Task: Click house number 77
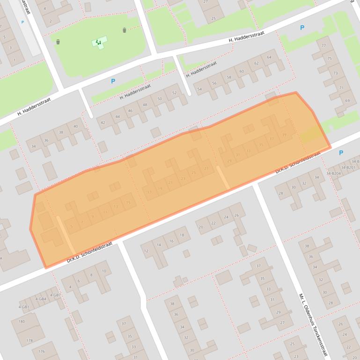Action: [x=324, y=45]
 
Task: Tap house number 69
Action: [x=347, y=101]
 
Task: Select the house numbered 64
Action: [x=269, y=58]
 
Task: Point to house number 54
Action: [x=199, y=89]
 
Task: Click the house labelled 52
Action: [x=174, y=93]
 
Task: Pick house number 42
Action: [x=103, y=122]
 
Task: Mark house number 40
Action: [x=75, y=127]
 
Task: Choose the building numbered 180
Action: [x=22, y=322]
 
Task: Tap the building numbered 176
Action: [x=41, y=352]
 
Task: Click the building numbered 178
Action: [x=29, y=340]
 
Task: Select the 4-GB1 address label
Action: [x=24, y=307]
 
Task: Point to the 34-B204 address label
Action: [x=334, y=173]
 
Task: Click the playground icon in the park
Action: [x=98, y=43]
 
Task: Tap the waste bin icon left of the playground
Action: [x=58, y=42]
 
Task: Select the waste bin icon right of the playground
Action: [x=125, y=30]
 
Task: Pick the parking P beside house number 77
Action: [x=302, y=28]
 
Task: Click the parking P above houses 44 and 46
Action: [x=113, y=81]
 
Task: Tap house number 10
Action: [x=104, y=271]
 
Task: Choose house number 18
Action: [x=182, y=235]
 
